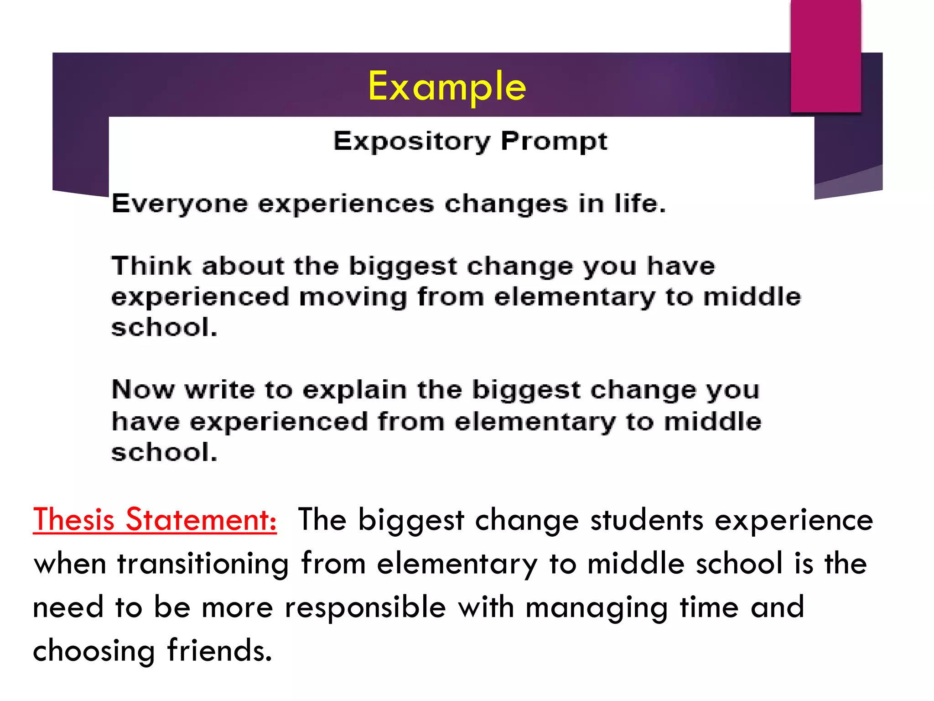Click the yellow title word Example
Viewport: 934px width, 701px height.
[x=447, y=87]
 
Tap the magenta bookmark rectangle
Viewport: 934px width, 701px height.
[x=825, y=55]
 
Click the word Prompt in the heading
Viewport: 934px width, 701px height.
[x=554, y=141]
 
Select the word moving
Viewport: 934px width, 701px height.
[x=353, y=297]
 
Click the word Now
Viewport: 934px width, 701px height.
[x=143, y=390]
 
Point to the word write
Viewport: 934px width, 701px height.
[x=219, y=390]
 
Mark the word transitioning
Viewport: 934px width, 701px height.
[x=203, y=564]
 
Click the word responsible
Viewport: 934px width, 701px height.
[x=365, y=608]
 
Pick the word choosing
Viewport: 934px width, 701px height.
[x=94, y=651]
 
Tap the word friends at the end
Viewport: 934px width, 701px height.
[x=219, y=650]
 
